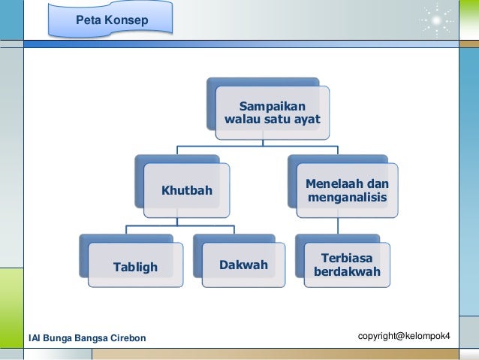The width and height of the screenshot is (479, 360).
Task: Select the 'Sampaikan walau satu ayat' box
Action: click(x=272, y=113)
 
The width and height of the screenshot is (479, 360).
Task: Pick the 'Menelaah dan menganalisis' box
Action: click(x=347, y=191)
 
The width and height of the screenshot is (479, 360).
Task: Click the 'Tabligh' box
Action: click(x=135, y=265)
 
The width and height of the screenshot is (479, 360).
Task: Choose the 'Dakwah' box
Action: click(x=243, y=265)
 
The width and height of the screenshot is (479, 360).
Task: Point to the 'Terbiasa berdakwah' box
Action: click(x=347, y=265)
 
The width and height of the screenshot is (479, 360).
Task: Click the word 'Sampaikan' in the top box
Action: click(x=273, y=106)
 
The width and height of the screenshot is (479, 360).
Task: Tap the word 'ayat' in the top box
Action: click(x=306, y=120)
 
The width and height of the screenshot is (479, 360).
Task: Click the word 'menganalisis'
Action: click(x=347, y=198)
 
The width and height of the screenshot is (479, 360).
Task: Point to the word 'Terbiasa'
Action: click(x=347, y=257)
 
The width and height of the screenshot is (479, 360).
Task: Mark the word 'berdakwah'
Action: click(x=347, y=271)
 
